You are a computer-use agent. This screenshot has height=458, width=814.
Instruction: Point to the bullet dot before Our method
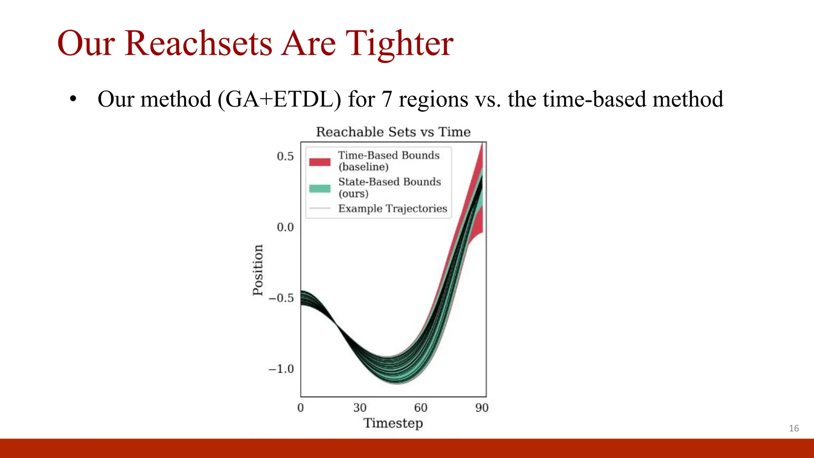coord(72,99)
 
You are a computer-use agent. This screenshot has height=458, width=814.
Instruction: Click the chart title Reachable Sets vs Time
coord(393,132)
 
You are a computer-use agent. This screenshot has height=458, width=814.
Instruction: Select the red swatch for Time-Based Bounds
coord(320,162)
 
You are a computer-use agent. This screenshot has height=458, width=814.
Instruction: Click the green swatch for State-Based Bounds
coord(320,188)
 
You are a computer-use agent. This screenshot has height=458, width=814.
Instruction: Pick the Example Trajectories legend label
coord(392,208)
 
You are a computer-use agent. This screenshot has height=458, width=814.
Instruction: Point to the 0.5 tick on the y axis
coord(285,156)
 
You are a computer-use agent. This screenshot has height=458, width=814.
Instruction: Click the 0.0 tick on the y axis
coord(285,227)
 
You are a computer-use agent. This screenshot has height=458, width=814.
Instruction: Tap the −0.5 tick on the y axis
coord(281,298)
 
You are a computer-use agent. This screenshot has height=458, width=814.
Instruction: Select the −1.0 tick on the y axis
coord(281,369)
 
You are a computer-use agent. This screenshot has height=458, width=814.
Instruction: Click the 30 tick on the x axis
coord(360,408)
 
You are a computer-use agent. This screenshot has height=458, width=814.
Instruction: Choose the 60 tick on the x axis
coord(421,408)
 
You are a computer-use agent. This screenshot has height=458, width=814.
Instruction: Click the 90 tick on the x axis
coord(482,408)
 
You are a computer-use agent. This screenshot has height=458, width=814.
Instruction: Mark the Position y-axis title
coord(258,270)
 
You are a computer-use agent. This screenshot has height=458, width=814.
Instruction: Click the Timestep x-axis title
coord(393,423)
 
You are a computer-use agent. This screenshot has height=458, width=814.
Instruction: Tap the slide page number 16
coord(794,428)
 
